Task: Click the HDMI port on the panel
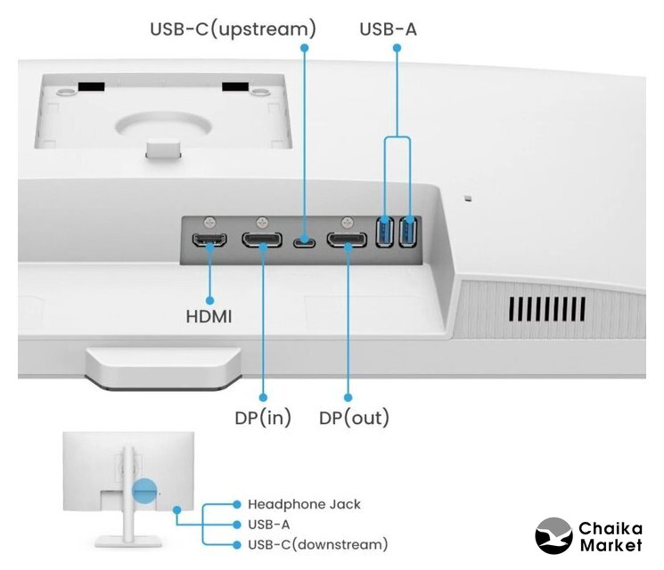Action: pos(210,240)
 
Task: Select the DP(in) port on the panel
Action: pos(264,240)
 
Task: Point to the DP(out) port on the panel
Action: pos(347,240)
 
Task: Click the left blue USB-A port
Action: pos(385,233)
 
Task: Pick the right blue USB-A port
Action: pos(409,233)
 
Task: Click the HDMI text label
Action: pos(209,316)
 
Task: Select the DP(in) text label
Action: pos(263,417)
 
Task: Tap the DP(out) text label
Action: pos(354,417)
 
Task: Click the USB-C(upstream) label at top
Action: pos(232,29)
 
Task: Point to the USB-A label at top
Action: pos(388,29)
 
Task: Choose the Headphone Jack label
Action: pos(304,504)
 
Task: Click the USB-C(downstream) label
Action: pos(317,544)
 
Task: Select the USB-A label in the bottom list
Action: pos(268,525)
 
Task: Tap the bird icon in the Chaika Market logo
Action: pos(553,535)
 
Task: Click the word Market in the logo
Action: pos(611,545)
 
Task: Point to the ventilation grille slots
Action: pos(547,309)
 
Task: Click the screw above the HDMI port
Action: pos(211,221)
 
